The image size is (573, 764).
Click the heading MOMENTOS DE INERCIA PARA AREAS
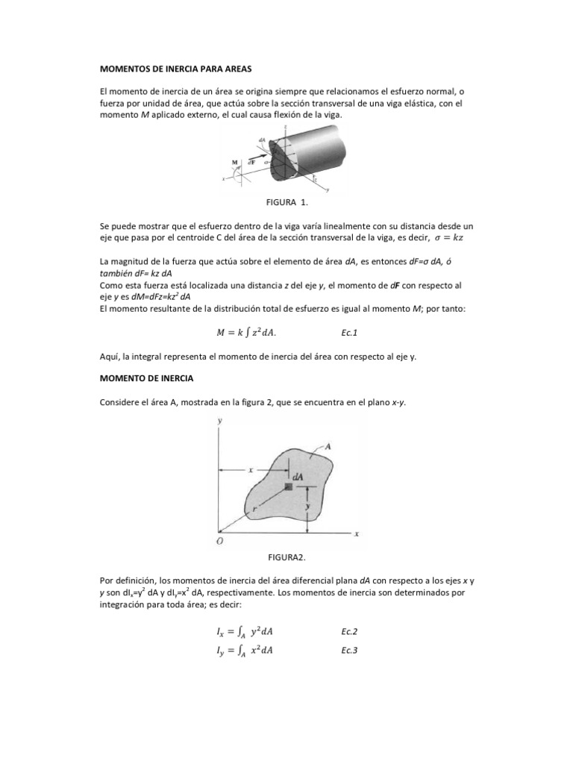pyautogui.click(x=176, y=69)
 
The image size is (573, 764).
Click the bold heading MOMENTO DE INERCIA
pyautogui.click(x=146, y=379)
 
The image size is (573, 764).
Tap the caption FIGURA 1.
pyautogui.click(x=286, y=202)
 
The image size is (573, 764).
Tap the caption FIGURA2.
pyautogui.click(x=286, y=557)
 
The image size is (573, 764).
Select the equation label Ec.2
pyautogui.click(x=348, y=631)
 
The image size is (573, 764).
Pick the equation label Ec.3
pyautogui.click(x=348, y=651)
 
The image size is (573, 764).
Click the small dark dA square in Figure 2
pyautogui.click(x=289, y=486)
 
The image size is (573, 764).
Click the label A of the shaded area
pyautogui.click(x=328, y=445)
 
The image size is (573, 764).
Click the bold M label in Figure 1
pyautogui.click(x=235, y=161)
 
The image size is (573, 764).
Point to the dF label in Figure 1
pyautogui.click(x=251, y=160)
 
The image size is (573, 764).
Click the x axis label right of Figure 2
pyautogui.click(x=357, y=534)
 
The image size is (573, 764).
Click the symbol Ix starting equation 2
pyautogui.click(x=213, y=632)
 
